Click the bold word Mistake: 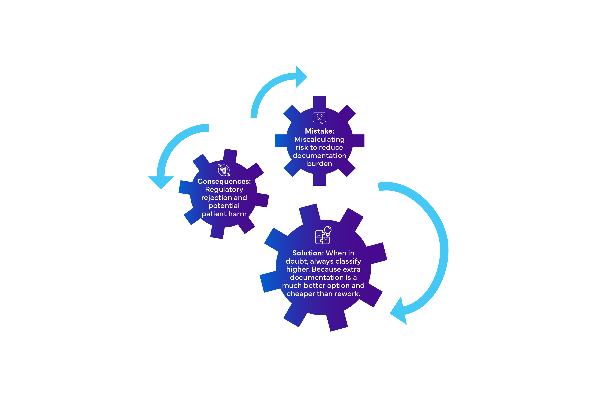click(x=320, y=131)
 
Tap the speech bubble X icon click(x=320, y=118)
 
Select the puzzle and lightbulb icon click(x=323, y=235)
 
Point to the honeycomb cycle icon click(x=224, y=170)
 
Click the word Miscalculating click(x=319, y=139)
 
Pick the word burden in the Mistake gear click(x=319, y=164)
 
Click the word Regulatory click(x=224, y=190)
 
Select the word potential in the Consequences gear click(x=224, y=206)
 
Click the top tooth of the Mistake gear click(x=319, y=102)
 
